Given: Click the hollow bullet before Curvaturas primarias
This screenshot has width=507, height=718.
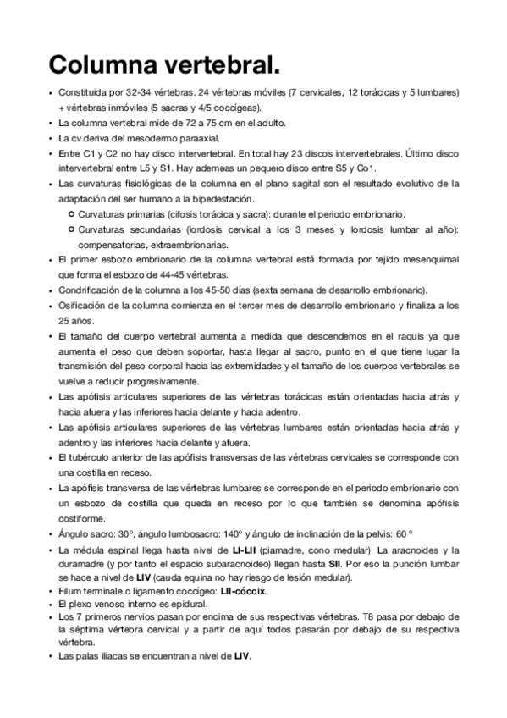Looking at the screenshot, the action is pyautogui.click(x=71, y=214).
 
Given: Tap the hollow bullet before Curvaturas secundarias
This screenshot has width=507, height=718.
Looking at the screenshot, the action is pyautogui.click(x=71, y=229).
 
